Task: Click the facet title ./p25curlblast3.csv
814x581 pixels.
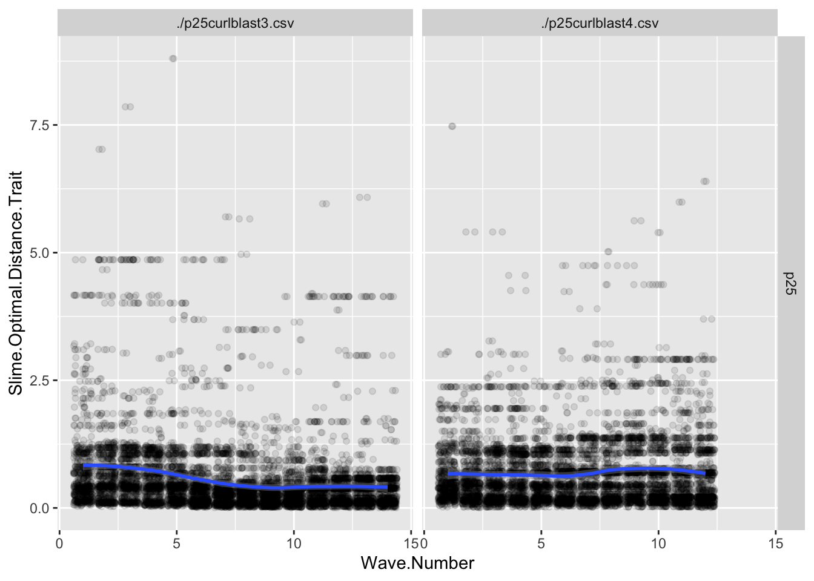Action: [235, 24]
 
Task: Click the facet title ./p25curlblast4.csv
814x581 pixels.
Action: [600, 24]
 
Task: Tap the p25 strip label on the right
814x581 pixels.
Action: [790, 283]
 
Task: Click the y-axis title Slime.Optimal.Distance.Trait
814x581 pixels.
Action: [16, 283]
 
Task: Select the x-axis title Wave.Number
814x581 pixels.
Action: [417, 563]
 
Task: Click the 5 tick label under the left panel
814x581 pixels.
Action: [176, 543]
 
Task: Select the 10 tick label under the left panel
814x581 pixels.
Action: [293, 543]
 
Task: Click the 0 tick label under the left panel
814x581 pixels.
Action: [59, 543]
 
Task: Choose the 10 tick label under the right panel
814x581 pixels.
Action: [658, 543]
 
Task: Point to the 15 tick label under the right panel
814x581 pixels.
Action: [775, 543]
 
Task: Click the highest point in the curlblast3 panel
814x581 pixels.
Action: [173, 59]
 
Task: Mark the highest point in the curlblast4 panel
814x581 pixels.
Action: [452, 126]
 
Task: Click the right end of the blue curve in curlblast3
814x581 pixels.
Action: [386, 487]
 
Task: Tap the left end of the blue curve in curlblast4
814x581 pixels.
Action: [449, 473]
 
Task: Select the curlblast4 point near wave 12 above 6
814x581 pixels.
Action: [704, 182]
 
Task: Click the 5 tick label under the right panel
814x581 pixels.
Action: [541, 543]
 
